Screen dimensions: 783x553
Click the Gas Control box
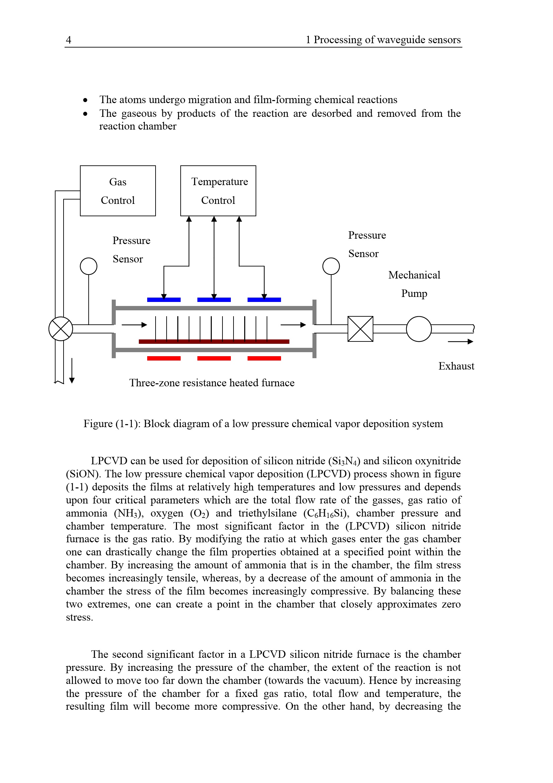pyautogui.click(x=117, y=190)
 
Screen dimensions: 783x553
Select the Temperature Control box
pyautogui.click(x=218, y=190)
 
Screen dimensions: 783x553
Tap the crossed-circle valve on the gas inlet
pyautogui.click(x=61, y=329)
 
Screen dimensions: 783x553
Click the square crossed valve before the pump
pyautogui.click(x=360, y=329)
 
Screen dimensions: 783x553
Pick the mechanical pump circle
pyautogui.click(x=419, y=329)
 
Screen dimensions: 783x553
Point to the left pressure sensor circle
pyautogui.click(x=89, y=266)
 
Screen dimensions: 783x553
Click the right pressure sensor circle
pyautogui.click(x=331, y=266)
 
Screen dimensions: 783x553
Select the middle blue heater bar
pyautogui.click(x=214, y=300)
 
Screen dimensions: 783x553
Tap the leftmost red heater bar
pyautogui.click(x=164, y=358)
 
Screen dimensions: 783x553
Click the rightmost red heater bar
pyautogui.click(x=264, y=358)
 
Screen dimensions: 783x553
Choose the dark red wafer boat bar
pyautogui.click(x=214, y=341)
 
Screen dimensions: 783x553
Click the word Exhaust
pyautogui.click(x=456, y=366)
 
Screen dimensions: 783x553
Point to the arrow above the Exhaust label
pyautogui.click(x=460, y=341)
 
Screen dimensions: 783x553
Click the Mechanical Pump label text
pyautogui.click(x=414, y=284)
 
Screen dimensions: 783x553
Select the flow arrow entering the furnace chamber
pyautogui.click(x=134, y=325)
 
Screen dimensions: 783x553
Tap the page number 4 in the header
pyautogui.click(x=69, y=40)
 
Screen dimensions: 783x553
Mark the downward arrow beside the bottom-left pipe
pyautogui.click(x=72, y=371)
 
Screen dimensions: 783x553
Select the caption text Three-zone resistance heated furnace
pyautogui.click(x=211, y=383)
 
